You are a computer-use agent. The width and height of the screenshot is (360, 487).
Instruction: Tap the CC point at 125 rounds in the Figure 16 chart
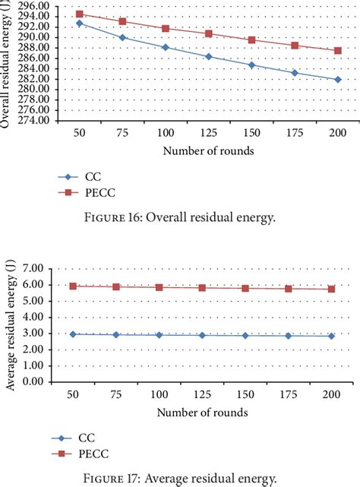(x=209, y=57)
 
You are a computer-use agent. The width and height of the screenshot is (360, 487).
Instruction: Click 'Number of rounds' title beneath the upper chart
(x=207, y=150)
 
